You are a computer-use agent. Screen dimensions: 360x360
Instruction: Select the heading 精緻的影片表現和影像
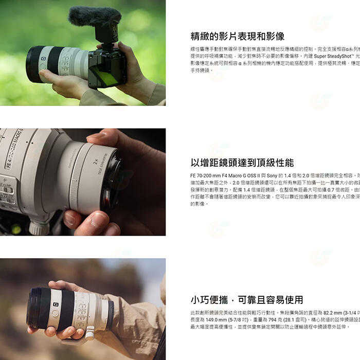pos(237,36)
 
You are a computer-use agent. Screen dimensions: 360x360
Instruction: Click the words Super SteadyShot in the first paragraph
pos(330,56)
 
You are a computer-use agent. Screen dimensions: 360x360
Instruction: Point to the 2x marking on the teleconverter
pos(96,161)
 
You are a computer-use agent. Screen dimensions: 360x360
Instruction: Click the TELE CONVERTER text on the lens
pos(102,164)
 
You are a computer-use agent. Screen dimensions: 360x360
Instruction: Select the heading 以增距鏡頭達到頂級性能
pos(242,163)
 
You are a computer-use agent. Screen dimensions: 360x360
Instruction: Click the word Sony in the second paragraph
pos(273,175)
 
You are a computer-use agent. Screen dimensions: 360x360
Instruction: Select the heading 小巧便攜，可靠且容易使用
pos(246,300)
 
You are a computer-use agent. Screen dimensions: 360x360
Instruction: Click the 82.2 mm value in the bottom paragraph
pos(332,312)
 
